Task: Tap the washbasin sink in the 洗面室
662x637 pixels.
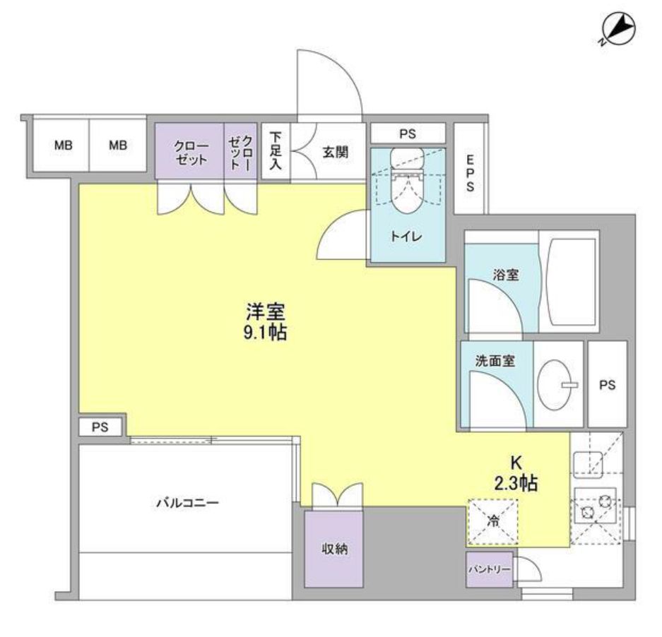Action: tap(556, 385)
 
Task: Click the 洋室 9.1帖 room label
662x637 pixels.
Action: tap(266, 321)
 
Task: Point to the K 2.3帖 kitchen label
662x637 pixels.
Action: tap(516, 473)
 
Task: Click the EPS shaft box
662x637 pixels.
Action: tap(470, 169)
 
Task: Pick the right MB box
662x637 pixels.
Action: tap(118, 145)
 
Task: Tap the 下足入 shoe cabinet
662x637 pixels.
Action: tap(276, 151)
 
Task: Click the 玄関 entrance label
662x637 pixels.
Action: tap(335, 152)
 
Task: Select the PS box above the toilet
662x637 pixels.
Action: tap(408, 133)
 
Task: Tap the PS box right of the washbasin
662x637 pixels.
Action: tap(607, 385)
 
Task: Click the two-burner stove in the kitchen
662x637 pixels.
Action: tap(595, 504)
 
